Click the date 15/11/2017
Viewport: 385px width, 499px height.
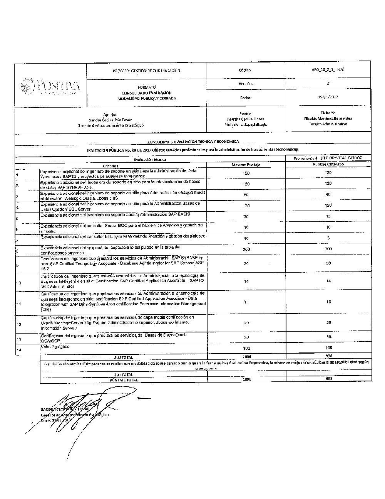(328, 97)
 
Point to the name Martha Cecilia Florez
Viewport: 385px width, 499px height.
(245, 119)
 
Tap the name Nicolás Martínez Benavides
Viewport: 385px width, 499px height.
(328, 119)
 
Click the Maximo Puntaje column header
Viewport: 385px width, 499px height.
(246, 165)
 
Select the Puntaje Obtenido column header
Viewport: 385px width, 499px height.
(328, 164)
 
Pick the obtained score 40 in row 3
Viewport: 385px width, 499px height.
(328, 194)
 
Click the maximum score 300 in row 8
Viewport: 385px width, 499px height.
(246, 249)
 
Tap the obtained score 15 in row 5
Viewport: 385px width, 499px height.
(328, 216)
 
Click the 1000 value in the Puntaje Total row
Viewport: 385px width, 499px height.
(246, 379)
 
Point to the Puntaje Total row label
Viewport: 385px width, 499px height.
(123, 380)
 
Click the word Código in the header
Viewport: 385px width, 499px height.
(245, 71)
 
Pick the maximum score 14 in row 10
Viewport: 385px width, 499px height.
(246, 282)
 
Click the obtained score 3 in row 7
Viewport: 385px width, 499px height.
(328, 238)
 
